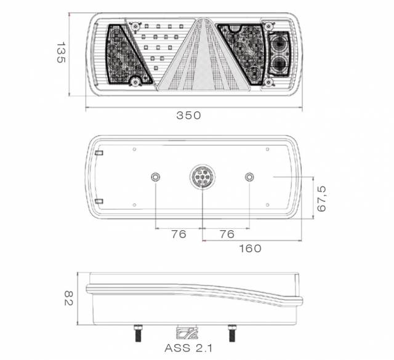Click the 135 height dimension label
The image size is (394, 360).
point(61,52)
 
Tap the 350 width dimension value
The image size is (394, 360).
point(188,115)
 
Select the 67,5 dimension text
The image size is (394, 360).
point(321,199)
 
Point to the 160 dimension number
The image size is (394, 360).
point(250,249)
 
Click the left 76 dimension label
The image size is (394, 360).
point(179,234)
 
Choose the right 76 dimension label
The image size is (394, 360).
point(227,234)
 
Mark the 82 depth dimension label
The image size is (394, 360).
point(68,298)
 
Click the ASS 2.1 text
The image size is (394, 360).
point(188,348)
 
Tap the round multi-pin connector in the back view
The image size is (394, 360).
point(203,177)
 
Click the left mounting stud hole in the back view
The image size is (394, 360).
point(156,177)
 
